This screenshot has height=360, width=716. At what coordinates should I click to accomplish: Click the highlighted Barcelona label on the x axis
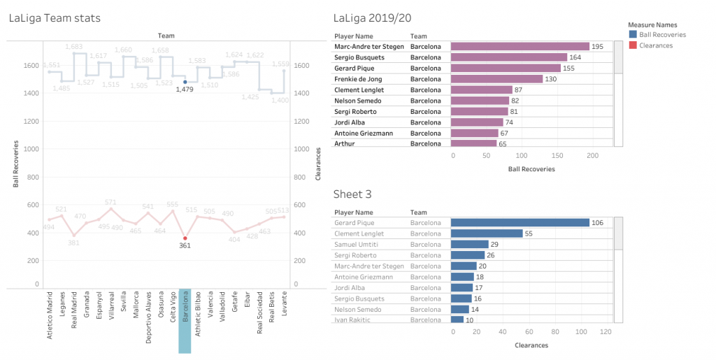pos(185,321)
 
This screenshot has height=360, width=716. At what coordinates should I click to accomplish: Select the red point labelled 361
pos(185,238)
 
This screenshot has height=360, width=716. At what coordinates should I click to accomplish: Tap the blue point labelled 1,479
pos(185,82)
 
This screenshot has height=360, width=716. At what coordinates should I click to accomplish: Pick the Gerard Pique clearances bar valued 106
pos(520,223)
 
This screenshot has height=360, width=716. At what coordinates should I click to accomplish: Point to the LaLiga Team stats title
pos(55,18)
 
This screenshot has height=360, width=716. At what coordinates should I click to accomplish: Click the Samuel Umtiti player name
pos(358,244)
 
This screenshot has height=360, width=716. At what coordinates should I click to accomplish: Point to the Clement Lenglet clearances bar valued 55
pos(487,233)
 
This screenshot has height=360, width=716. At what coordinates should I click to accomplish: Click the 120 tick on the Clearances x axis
pos(607,331)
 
